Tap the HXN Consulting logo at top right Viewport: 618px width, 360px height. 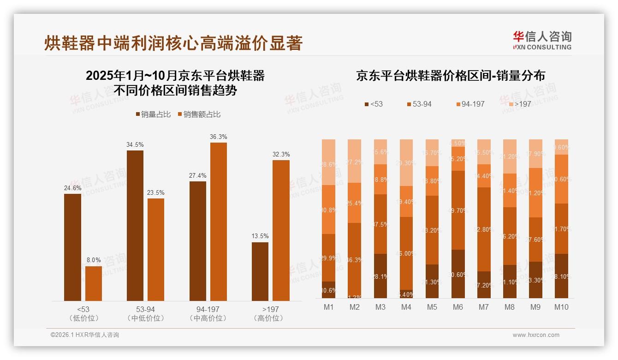pyautogui.click(x=542, y=40)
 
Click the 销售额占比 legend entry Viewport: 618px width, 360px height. pyautogui.click(x=199, y=114)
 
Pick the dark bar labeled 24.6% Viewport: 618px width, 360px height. pyautogui.click(x=72, y=247)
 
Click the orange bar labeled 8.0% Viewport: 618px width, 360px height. pyautogui.click(x=94, y=283)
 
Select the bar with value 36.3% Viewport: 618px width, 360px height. pyautogui.click(x=219, y=222)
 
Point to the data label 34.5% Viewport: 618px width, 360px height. pyautogui.click(x=135, y=144)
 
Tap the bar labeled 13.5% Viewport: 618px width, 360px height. pyautogui.click(x=260, y=271)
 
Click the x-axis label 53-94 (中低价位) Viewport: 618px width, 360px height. pyautogui.click(x=145, y=313)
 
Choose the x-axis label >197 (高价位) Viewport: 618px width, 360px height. pyautogui.click(x=270, y=313)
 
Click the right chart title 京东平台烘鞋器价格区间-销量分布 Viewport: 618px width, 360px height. pyautogui.click(x=450, y=76)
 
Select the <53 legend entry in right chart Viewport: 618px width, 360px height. pyautogui.click(x=374, y=104)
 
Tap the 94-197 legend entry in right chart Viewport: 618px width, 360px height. pyautogui.click(x=470, y=104)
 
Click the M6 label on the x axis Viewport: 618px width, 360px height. pyautogui.click(x=458, y=307)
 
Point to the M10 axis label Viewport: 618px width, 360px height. pyautogui.click(x=561, y=307)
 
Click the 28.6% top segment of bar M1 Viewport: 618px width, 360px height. pyautogui.click(x=328, y=162)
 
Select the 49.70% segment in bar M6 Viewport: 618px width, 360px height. pyautogui.click(x=458, y=210)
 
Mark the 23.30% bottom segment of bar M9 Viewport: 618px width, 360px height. pyautogui.click(x=535, y=280)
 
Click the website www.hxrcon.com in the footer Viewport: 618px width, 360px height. pyautogui.click(x=535, y=335)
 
